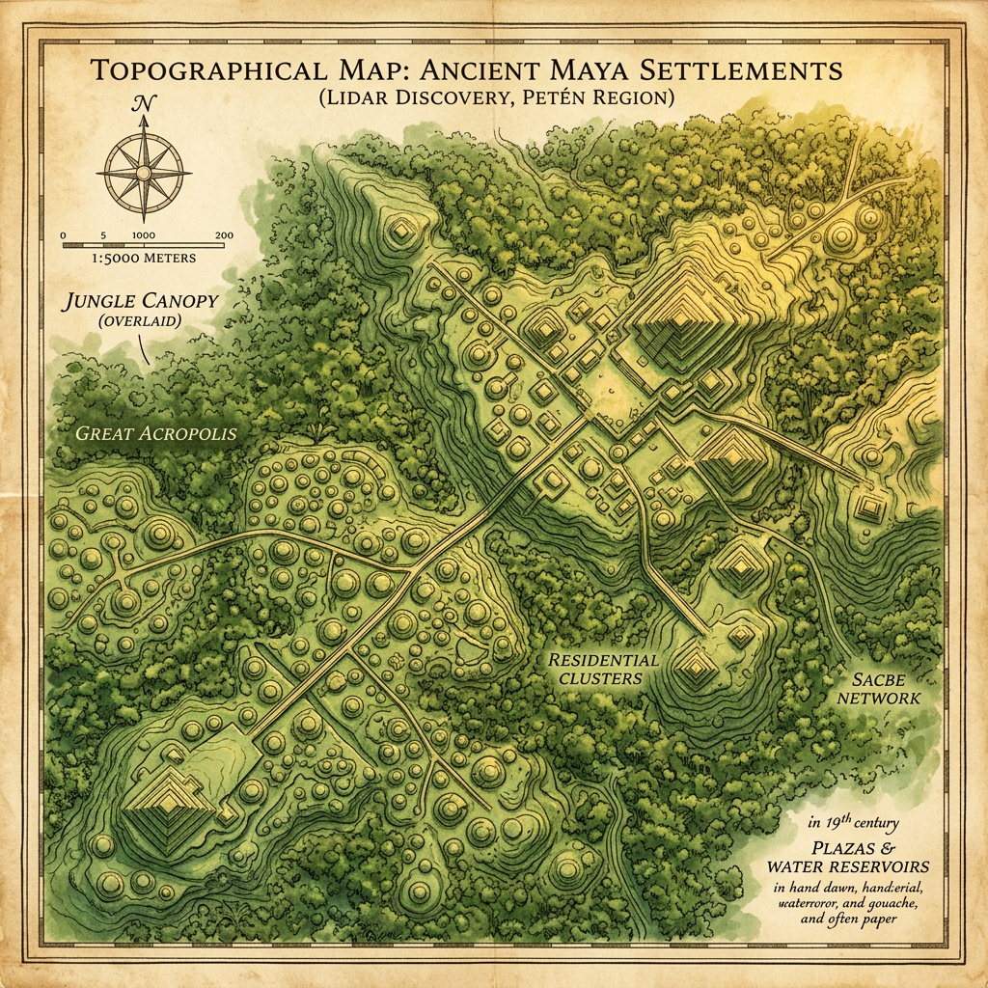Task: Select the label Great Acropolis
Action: [x=155, y=433]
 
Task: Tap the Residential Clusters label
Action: [x=604, y=669]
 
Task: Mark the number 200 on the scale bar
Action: [x=224, y=234]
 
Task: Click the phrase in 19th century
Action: [x=855, y=823]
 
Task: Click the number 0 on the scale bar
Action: [x=63, y=234]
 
